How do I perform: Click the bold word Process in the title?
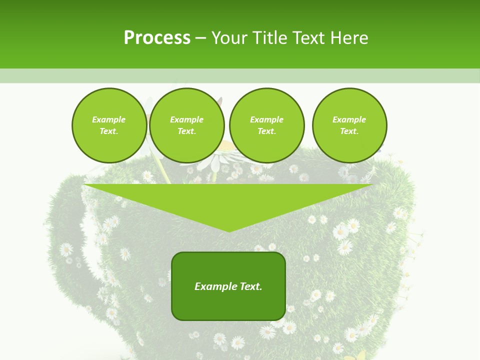(x=157, y=38)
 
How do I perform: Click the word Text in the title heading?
(x=309, y=38)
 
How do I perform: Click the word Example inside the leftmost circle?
(x=109, y=119)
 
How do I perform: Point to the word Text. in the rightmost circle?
(x=349, y=131)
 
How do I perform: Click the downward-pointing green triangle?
(x=228, y=200)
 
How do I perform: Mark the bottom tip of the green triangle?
(x=229, y=230)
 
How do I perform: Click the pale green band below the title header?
(x=240, y=75)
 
